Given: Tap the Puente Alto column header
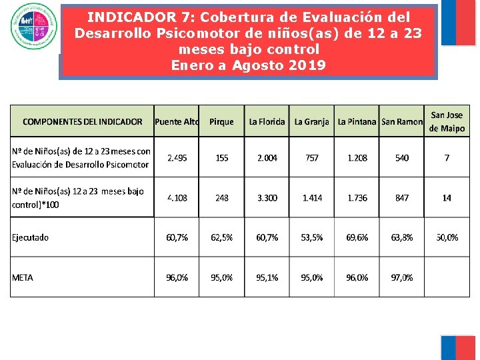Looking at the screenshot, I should (177, 121).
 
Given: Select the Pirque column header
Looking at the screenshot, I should (221, 121).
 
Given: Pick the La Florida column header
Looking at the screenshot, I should (267, 121).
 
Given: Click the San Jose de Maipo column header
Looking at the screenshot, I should (447, 121).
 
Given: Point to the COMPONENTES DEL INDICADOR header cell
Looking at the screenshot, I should (83, 121).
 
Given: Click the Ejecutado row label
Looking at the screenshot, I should (31, 237).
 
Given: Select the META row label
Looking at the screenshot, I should (23, 277).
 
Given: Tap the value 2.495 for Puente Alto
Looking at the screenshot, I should (177, 158).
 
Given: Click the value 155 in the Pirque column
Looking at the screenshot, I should (221, 158).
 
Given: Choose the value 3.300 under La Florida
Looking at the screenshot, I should (267, 198).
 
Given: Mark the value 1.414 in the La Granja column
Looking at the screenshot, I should (312, 198).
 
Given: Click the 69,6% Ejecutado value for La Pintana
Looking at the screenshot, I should (357, 237).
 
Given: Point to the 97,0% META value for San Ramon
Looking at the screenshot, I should (402, 277).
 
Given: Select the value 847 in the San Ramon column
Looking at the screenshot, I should (402, 198).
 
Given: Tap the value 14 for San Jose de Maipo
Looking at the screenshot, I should (447, 198).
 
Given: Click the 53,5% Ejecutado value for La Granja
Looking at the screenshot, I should (312, 237).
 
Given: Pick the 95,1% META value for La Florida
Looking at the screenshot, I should (267, 277).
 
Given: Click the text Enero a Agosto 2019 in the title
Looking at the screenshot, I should (248, 65).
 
